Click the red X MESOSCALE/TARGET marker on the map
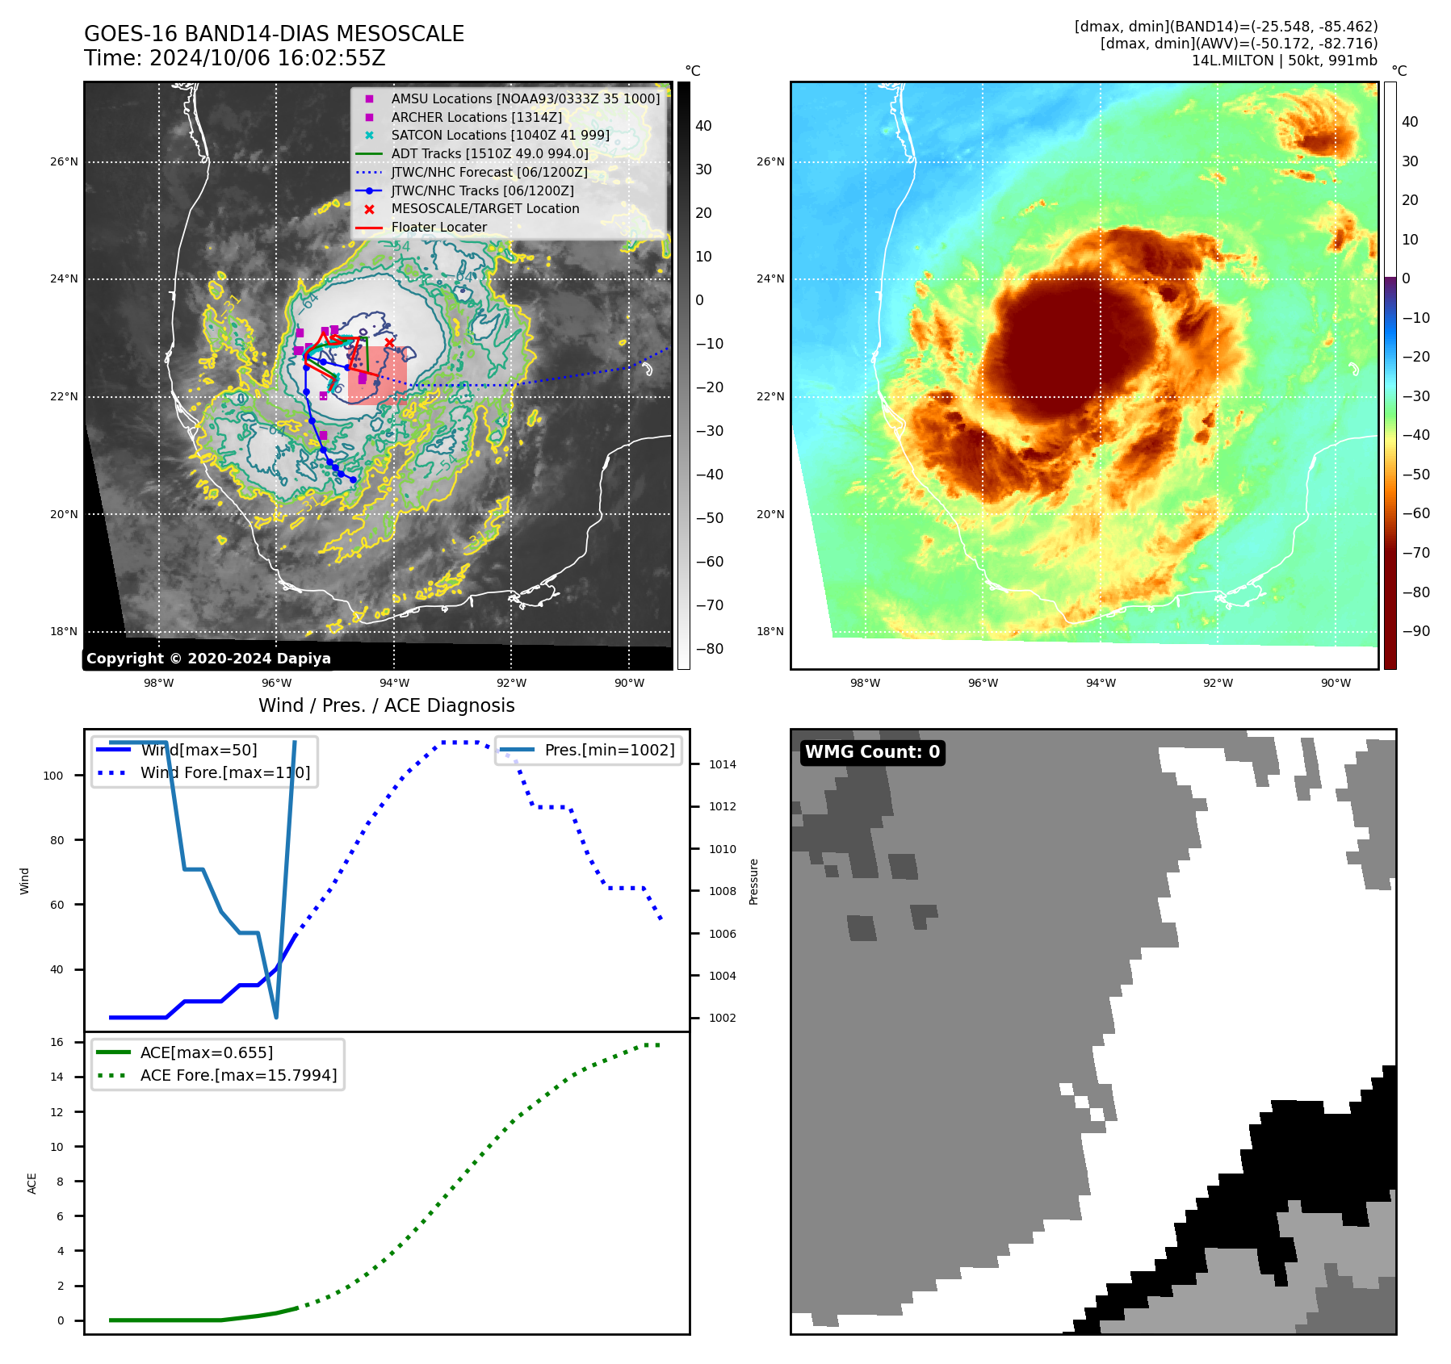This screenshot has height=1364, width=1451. [x=389, y=343]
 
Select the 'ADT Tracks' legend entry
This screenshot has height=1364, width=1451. [x=489, y=153]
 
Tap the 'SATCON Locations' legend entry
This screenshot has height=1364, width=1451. [x=500, y=135]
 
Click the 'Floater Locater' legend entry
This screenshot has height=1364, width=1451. [x=438, y=228]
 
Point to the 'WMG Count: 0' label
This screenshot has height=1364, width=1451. [x=872, y=752]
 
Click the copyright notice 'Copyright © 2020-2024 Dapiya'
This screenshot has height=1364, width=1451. [x=208, y=659]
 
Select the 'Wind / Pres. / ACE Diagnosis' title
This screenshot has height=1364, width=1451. [x=386, y=705]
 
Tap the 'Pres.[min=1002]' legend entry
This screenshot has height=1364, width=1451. [x=609, y=750]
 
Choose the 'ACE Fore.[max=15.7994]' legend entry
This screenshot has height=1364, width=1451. [x=238, y=1075]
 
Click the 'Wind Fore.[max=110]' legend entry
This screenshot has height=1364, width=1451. [x=224, y=772]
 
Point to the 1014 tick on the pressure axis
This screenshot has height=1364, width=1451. [x=722, y=764]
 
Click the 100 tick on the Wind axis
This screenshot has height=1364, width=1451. [x=53, y=776]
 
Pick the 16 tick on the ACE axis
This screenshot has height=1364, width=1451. [x=57, y=1042]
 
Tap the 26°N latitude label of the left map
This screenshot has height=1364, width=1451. [x=65, y=161]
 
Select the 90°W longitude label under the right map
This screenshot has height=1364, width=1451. [x=1336, y=683]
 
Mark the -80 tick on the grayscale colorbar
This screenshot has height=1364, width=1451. [x=710, y=649]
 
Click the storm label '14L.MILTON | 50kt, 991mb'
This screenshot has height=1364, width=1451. [x=1284, y=61]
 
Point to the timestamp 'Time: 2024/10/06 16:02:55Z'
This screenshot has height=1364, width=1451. [x=234, y=58]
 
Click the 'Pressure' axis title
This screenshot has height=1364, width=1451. [x=753, y=881]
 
